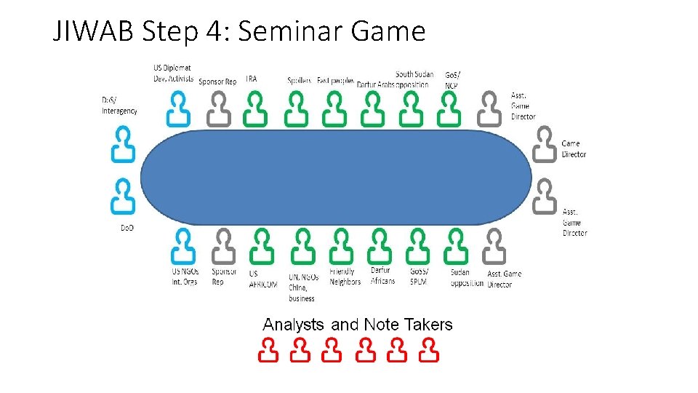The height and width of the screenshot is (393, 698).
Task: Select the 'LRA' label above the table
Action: [x=251, y=79]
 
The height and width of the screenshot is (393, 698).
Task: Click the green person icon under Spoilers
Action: [x=294, y=109]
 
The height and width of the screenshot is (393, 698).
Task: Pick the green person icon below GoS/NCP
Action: [x=449, y=109]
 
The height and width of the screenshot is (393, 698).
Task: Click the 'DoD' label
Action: [x=127, y=228]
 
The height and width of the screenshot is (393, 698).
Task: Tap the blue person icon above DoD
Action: [x=123, y=196]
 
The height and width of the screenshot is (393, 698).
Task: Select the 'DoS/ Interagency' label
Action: [x=119, y=106]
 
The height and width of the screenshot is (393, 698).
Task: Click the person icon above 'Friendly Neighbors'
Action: [x=340, y=246]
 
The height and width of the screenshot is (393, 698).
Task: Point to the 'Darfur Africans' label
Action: [x=382, y=276]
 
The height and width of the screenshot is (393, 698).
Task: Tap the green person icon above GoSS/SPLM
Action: [x=417, y=246]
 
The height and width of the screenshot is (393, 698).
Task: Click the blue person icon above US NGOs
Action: [x=182, y=246]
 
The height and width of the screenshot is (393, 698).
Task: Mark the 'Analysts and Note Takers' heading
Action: [x=357, y=325]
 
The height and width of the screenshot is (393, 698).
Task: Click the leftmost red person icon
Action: [x=268, y=350]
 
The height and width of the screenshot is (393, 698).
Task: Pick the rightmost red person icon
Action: [x=430, y=350]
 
